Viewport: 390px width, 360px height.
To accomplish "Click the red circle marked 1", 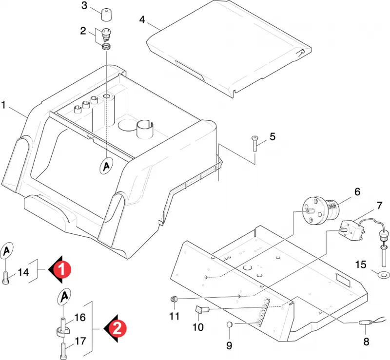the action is coord(62,269).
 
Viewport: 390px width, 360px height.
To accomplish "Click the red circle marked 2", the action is coord(117,329).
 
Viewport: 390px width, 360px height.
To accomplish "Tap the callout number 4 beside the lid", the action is coord(142,19).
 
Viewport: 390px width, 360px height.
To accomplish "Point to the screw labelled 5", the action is coord(255,143).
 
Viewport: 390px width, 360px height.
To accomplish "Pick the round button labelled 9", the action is coord(229,324).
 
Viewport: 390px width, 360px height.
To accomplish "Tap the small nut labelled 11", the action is coord(174,299).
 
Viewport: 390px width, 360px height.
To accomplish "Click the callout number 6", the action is coord(357,191).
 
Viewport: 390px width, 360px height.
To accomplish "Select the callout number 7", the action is coord(379,206).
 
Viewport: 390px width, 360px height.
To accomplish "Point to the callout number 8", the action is coord(366,341).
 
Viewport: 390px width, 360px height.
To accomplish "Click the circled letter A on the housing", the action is coord(107,165).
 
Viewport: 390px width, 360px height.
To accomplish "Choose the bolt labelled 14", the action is coord(6,278).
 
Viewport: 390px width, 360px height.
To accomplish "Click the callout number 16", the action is coord(80,318).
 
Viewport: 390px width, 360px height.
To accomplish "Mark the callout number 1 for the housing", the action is coord(3,105).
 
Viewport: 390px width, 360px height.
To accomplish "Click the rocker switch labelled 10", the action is coord(202,310).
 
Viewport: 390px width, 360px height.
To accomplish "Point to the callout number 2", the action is coord(83,31).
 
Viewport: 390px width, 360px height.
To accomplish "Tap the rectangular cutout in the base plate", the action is coord(343,280).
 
